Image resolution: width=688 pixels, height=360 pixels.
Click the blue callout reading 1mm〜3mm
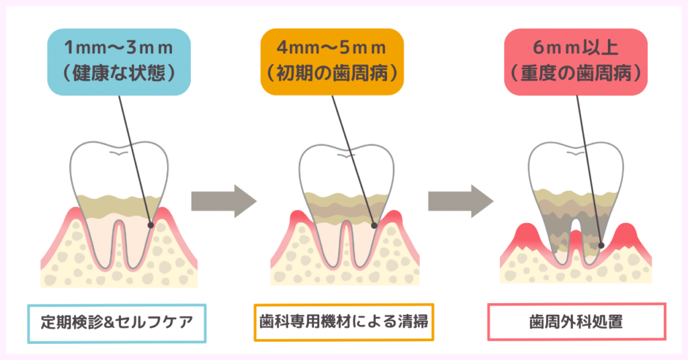(120, 61)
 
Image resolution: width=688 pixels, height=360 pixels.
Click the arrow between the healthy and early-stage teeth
(224, 199)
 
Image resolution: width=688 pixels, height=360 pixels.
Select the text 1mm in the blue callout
(80, 49)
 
